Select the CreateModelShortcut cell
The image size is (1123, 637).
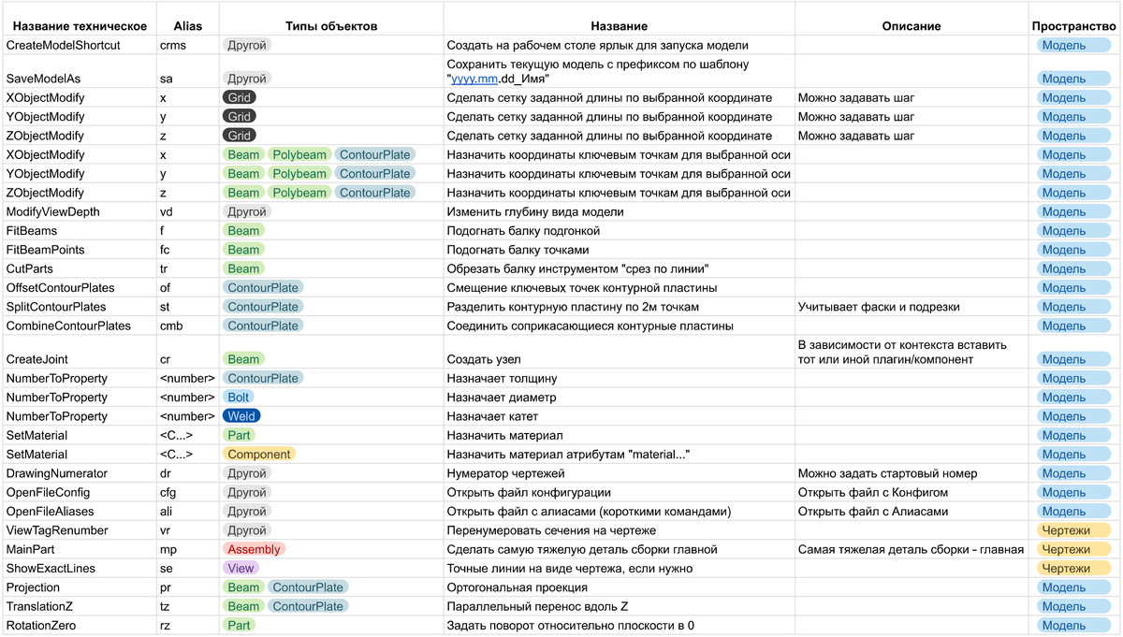[64, 45]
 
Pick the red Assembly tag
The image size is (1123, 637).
[254, 549]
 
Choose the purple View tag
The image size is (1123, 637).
[241, 568]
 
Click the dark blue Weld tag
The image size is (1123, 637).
[241, 416]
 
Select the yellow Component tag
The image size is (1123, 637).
[259, 454]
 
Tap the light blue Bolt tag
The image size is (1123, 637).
[240, 398]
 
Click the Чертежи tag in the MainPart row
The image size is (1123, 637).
[1065, 549]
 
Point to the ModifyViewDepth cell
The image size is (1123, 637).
[53, 211]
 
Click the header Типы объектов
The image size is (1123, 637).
[331, 26]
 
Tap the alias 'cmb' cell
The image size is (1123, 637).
[172, 326]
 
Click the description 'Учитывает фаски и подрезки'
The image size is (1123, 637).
[879, 307]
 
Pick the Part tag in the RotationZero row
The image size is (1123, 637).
[239, 625]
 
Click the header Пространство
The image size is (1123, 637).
[1073, 26]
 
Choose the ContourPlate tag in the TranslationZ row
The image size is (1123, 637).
[308, 606]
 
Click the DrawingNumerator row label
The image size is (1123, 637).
[57, 473]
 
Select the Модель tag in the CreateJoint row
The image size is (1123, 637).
[1063, 359]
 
